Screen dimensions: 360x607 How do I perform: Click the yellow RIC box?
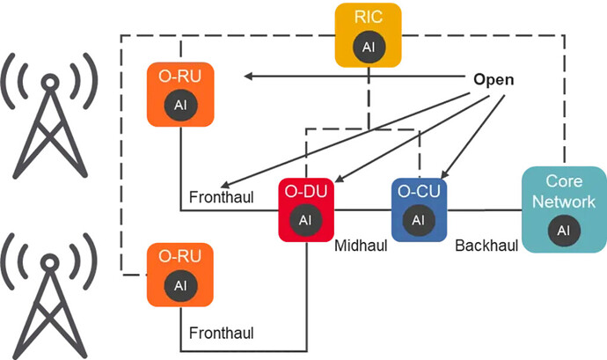point(368,34)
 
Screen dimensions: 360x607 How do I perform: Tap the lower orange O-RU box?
point(180,274)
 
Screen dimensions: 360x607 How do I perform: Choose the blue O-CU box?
point(420,209)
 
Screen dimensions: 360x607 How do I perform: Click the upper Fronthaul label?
point(222,196)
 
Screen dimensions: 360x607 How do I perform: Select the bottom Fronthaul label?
point(222,333)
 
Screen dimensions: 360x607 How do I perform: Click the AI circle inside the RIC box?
point(368,47)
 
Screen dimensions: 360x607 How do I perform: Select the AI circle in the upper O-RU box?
point(180,105)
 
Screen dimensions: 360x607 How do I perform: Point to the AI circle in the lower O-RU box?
point(180,286)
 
